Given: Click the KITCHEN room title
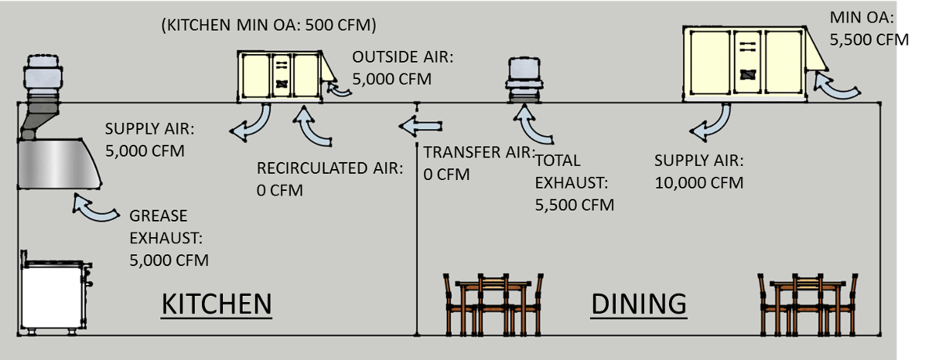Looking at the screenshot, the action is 217,304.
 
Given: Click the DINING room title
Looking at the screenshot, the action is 639,304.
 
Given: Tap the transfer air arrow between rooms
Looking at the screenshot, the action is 420,126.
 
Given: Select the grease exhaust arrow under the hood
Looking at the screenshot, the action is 95,208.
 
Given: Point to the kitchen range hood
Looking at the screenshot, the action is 59,164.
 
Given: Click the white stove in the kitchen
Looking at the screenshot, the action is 55,293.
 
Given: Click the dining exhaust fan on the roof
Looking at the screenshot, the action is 524,80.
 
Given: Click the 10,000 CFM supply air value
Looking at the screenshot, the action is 699,182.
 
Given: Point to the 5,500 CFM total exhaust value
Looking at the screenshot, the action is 574,205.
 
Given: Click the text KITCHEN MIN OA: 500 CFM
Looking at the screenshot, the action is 268,25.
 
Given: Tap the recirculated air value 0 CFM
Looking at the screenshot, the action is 279,190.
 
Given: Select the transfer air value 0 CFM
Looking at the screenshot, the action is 447,175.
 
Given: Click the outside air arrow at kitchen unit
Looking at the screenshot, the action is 338,90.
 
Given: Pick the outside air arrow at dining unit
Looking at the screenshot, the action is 834,88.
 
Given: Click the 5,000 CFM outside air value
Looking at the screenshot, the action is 391,79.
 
